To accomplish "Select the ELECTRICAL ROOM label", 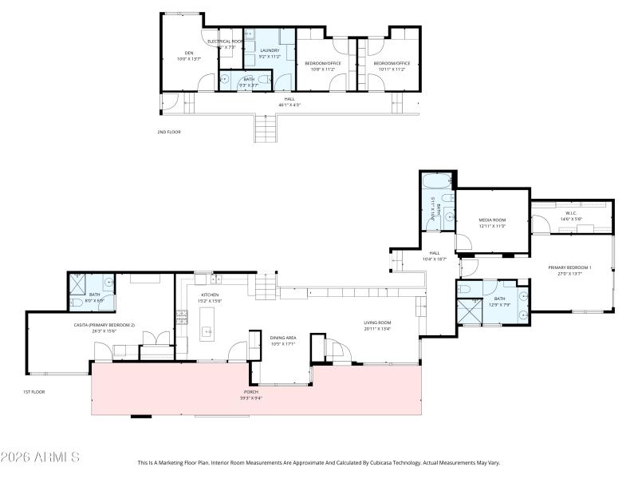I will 225,41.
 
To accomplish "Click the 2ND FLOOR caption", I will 169,132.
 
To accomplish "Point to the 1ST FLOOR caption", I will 33,392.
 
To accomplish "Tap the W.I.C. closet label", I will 571,213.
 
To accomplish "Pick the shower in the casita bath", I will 78,282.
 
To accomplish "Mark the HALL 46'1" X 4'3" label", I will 289,101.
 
